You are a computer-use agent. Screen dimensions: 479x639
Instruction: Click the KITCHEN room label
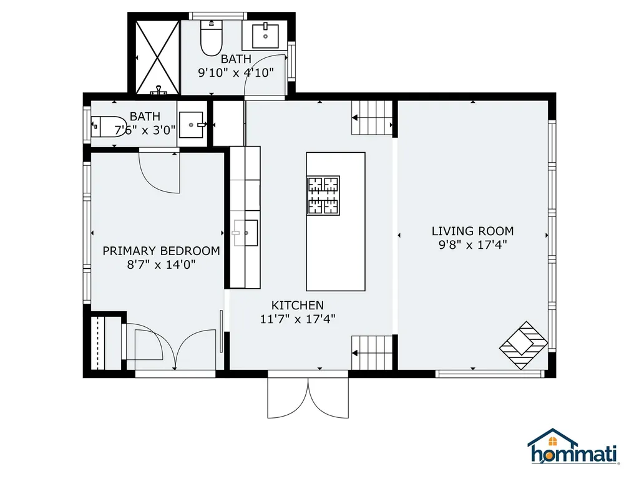298,306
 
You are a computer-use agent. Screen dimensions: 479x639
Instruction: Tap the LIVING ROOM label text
472,231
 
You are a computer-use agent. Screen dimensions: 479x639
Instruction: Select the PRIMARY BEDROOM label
161,251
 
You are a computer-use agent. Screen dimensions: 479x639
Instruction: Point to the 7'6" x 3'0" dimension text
144,130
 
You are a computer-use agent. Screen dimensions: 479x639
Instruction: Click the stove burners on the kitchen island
323,195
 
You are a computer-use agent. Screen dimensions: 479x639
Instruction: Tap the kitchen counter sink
246,233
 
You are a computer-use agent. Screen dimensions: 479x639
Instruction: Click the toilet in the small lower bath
107,127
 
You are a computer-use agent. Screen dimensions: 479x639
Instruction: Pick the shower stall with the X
154,56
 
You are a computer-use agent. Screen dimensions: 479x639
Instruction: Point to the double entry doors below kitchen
308,398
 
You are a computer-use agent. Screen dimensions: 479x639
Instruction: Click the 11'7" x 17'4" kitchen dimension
298,319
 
